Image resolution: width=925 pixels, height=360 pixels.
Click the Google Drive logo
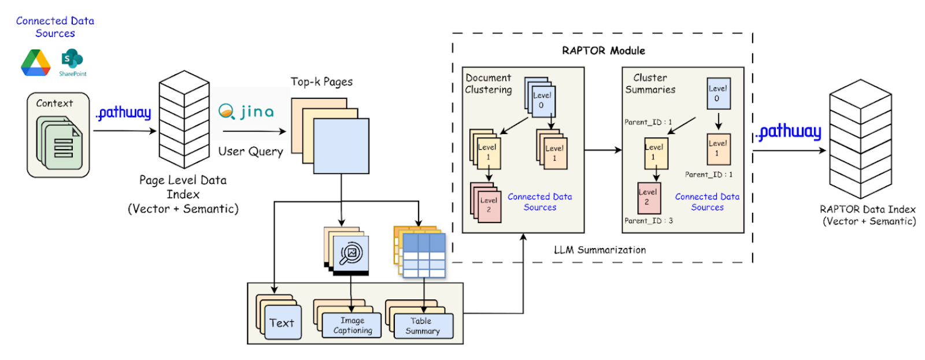[36, 63]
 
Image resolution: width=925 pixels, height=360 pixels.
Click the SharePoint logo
[72, 60]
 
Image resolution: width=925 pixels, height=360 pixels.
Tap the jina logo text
[246, 111]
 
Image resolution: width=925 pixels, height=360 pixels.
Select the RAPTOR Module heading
[603, 50]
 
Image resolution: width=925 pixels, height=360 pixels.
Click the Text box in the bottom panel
[282, 323]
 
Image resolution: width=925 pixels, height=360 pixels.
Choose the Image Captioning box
[352, 325]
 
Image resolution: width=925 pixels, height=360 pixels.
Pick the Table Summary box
[423, 326]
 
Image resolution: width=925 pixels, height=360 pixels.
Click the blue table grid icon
[424, 255]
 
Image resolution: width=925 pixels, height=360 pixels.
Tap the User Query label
[250, 151]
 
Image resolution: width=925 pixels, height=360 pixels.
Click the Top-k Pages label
[321, 81]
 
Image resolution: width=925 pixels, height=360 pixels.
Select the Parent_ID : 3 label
[648, 221]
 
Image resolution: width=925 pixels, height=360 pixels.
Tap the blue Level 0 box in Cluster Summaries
[719, 94]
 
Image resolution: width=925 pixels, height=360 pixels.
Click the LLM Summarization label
[600, 250]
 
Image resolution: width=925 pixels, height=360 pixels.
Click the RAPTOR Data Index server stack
[860, 139]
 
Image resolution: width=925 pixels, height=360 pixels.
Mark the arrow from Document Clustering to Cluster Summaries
[603, 150]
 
